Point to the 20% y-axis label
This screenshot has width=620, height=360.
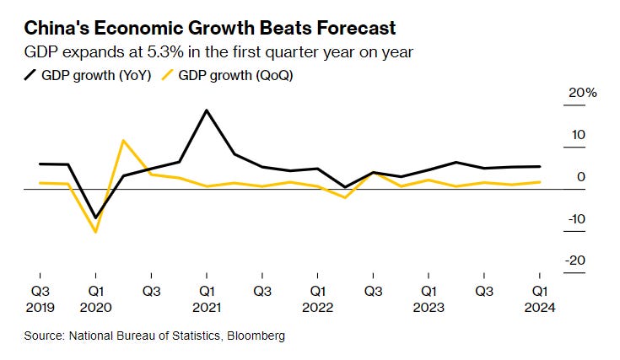coord(582,93)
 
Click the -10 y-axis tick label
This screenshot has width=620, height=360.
coord(576,219)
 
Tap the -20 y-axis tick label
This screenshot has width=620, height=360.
coord(576,261)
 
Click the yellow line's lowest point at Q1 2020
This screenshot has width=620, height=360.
coord(95,232)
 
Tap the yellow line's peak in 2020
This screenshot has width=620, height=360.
coord(123,141)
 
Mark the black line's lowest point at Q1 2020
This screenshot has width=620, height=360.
coord(95,218)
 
